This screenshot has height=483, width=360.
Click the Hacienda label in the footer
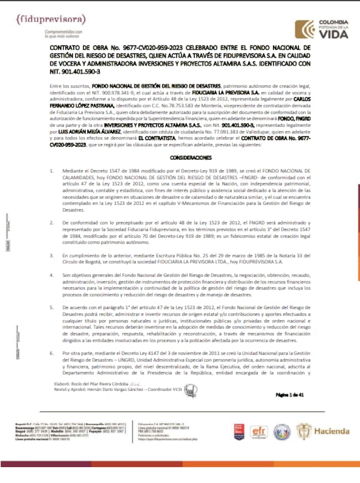click(332, 431)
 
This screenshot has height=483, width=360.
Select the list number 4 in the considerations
click(51, 275)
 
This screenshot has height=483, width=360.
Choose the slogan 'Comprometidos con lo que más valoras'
click(64, 34)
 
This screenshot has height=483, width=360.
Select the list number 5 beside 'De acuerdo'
click(51, 306)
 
